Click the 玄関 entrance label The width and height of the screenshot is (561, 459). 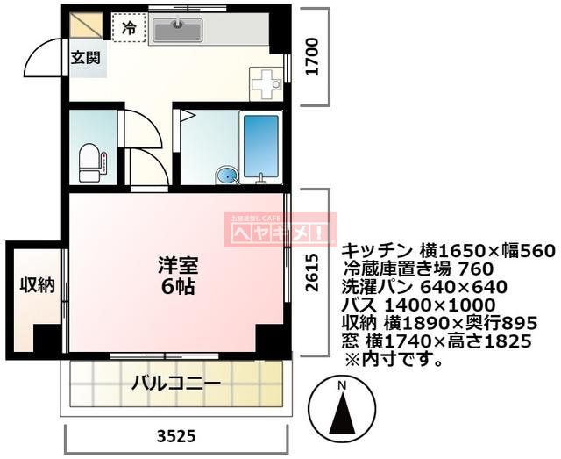(x=86, y=58)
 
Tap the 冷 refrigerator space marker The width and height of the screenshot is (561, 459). (x=129, y=28)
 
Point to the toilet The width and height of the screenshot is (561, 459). (x=91, y=161)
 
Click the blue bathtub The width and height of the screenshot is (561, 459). (x=260, y=146)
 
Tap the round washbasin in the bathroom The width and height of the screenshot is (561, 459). (x=227, y=176)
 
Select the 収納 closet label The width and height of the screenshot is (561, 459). (x=38, y=285)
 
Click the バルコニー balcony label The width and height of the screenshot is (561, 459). (x=176, y=384)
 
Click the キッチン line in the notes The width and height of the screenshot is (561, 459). (x=447, y=250)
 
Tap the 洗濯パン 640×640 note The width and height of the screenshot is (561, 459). (x=424, y=286)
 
